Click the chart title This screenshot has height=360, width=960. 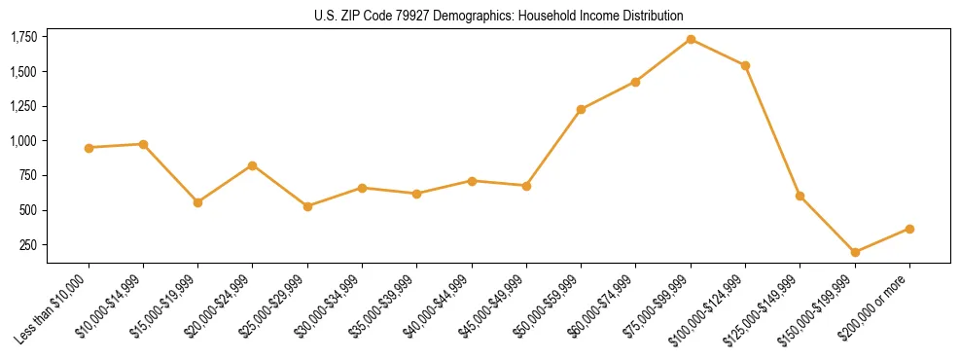pos(499,16)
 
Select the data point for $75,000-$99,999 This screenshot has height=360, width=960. pos(691,39)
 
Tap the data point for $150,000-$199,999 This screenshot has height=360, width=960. pos(855,252)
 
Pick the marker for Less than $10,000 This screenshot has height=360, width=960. pos(89,148)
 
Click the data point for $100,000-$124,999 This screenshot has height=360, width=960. pos(745,65)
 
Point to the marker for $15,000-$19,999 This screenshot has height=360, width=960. pos(198,202)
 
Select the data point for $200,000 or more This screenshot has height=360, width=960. pos(909,229)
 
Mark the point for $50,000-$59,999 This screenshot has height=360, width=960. pos(581,109)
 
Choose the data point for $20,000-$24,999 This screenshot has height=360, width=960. pos(253,165)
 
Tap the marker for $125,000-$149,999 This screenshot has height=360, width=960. pos(800,196)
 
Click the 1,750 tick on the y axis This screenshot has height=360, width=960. pos(23,37)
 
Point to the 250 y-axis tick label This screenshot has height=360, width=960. pos(29,245)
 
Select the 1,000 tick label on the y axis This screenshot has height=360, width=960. pos(23,141)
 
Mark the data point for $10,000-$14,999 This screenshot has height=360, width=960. pos(143,144)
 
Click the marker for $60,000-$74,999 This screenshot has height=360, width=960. pos(635,82)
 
